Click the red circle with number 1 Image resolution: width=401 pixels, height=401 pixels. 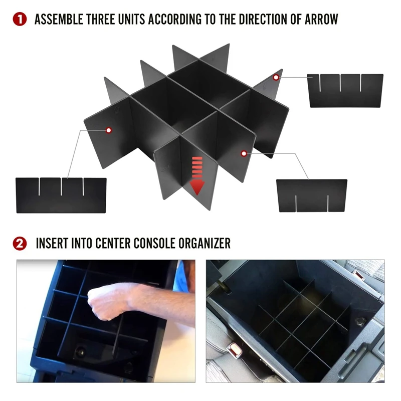20,20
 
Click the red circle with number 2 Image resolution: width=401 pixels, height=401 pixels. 20,244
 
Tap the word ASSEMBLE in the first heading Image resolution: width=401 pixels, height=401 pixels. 59,20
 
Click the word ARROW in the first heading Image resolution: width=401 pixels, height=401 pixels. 321,20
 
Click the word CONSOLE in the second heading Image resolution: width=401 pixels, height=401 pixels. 155,244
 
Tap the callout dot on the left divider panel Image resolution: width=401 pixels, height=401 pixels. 109,130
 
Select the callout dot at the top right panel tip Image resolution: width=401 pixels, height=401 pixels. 276,77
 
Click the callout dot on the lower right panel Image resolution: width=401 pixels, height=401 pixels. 244,153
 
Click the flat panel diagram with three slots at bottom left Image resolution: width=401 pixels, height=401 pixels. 61,195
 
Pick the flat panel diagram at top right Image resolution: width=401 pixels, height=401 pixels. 345,91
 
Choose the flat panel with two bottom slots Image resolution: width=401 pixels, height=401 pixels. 312,195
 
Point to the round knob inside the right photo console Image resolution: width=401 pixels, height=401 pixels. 361,321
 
